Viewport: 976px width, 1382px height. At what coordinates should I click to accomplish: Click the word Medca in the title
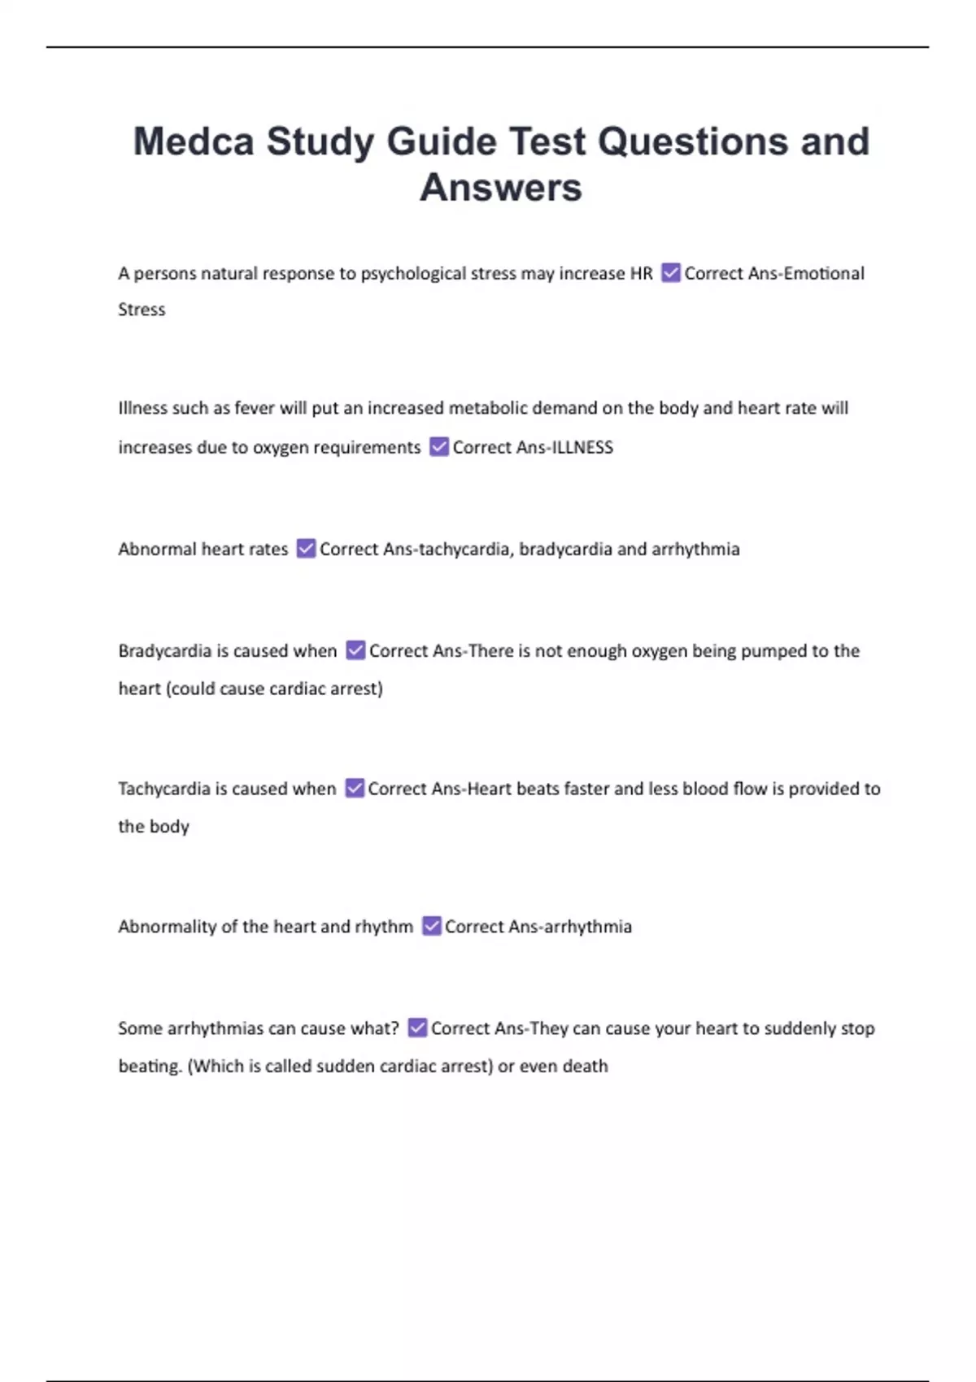[x=194, y=142]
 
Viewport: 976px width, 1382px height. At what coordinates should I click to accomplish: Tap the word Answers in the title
[x=501, y=188]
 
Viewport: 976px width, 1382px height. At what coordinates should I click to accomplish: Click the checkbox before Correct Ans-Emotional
[x=670, y=273]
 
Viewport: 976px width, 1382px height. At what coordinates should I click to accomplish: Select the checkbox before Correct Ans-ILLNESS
[x=439, y=447]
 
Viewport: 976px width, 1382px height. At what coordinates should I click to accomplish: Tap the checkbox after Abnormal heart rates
[x=306, y=549]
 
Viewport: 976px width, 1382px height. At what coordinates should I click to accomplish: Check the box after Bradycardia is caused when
[x=355, y=650]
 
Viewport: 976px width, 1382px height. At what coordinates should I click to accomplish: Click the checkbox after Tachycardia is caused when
[x=355, y=789]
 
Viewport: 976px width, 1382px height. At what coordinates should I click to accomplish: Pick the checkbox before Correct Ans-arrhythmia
[x=431, y=927]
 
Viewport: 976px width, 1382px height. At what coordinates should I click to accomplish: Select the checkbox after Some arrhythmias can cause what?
[x=417, y=1028]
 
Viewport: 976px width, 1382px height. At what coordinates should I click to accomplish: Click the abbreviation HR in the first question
[x=641, y=274]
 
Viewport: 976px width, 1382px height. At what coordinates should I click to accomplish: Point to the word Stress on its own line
[x=142, y=310]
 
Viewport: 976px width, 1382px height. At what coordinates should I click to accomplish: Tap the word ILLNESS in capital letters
[x=583, y=448]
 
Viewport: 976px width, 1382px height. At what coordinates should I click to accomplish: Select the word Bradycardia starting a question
[x=164, y=651]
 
